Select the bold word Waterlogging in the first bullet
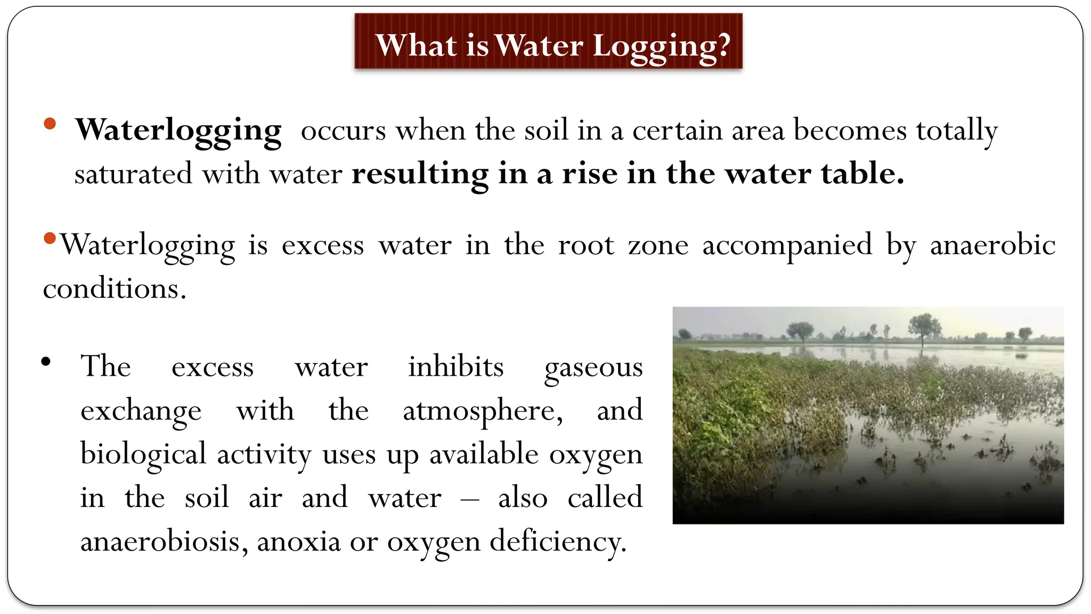178,131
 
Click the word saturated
133,174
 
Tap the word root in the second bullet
586,245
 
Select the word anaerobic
992,245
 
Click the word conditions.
115,289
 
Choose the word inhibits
455,367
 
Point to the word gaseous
593,368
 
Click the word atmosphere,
482,411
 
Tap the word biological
143,454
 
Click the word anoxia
298,542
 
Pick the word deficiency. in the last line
558,542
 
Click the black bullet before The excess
46,362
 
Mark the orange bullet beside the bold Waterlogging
50,124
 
